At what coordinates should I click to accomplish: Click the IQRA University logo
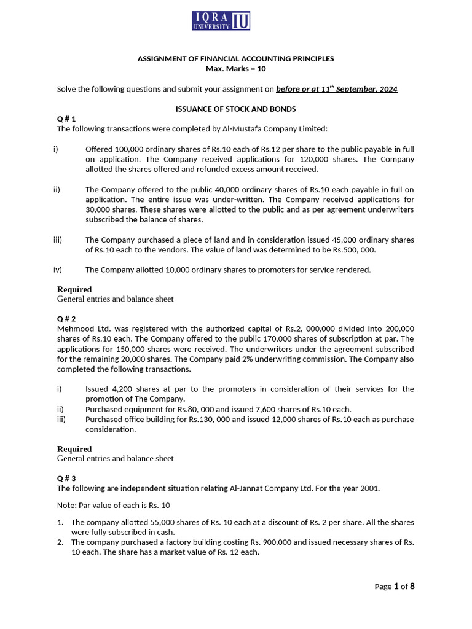221,20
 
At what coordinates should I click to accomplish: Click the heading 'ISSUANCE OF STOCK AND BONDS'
236,109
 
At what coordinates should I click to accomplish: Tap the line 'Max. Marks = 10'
236,68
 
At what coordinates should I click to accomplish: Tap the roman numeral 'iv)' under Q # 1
58,269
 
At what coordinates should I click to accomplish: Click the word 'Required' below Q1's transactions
74,289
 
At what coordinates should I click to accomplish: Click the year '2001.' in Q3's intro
371,488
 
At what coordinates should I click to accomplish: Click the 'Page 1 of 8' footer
395,586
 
